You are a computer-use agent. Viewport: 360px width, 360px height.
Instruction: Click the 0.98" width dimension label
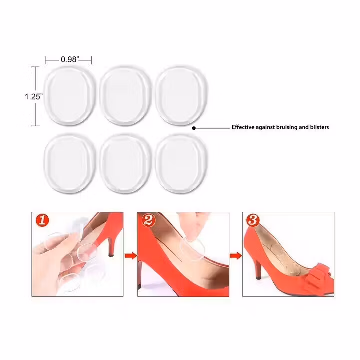(70, 59)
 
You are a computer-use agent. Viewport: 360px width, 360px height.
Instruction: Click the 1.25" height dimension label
(34, 97)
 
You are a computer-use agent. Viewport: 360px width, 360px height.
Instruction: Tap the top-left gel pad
(69, 96)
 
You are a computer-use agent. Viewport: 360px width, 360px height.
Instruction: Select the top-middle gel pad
(126, 96)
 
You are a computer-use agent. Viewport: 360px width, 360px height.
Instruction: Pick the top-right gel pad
(181, 96)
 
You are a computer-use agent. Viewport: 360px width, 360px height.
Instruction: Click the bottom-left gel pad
(69, 163)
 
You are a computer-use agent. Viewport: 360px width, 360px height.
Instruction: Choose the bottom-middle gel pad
(126, 163)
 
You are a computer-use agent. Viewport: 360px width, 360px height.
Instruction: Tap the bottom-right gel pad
(181, 163)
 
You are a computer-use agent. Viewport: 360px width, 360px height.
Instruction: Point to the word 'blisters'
(319, 127)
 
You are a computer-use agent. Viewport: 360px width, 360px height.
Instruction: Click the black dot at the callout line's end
(194, 128)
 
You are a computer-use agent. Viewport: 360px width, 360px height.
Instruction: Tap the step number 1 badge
(42, 221)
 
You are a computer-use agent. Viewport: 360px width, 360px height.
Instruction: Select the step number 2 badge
(148, 221)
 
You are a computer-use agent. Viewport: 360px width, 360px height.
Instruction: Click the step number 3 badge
(253, 220)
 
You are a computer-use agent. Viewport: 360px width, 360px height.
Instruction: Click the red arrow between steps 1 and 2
(131, 256)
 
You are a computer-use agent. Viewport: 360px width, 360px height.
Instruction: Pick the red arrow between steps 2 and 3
(236, 256)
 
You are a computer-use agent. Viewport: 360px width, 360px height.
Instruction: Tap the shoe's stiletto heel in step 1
(110, 247)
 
